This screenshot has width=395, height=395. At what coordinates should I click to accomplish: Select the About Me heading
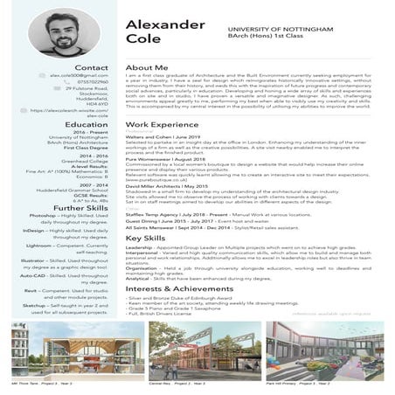[146, 67]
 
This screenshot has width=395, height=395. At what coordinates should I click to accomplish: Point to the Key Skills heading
[146, 239]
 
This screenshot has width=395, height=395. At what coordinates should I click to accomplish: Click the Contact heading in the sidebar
[92, 67]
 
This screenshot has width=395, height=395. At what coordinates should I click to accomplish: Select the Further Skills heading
[80, 206]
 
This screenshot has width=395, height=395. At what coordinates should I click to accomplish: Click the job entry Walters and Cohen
[149, 138]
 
